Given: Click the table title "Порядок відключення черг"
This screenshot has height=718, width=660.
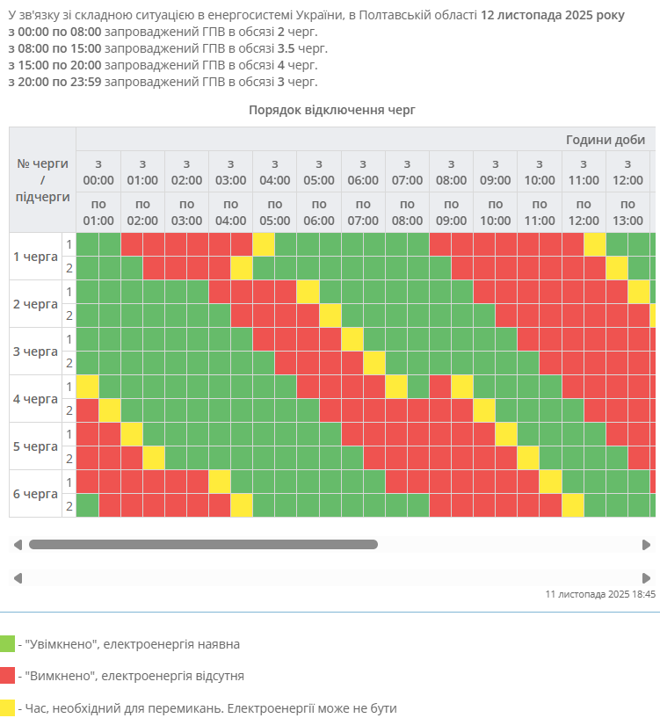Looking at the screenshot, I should click(x=331, y=110).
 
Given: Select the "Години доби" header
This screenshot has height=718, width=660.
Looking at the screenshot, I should click(x=606, y=140).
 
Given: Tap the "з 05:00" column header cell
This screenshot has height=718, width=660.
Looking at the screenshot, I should click(x=318, y=171).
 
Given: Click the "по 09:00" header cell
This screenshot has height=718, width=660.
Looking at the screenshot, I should click(x=451, y=212).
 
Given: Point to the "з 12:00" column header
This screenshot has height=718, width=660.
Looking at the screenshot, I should click(x=627, y=171).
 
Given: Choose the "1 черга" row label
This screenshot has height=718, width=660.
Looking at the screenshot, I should click(x=36, y=257).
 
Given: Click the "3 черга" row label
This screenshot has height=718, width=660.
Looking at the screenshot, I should click(x=36, y=352).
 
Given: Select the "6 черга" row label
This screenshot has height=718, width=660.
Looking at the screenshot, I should click(x=36, y=494).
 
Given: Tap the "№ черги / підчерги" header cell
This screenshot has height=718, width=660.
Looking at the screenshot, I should click(x=42, y=180).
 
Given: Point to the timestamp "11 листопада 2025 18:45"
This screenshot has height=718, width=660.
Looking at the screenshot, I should click(x=600, y=594).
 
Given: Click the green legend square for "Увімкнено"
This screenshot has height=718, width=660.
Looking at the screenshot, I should click(x=8, y=643).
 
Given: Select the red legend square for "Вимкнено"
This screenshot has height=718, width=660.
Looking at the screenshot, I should click(x=8, y=675).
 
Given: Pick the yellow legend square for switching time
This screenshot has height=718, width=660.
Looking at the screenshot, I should click(x=8, y=707).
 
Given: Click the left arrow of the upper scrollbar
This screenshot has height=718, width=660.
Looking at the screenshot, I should click(x=18, y=545).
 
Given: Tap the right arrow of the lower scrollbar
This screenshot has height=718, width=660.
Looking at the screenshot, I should click(x=647, y=577).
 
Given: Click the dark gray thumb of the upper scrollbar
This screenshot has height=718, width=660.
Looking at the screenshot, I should click(x=203, y=545).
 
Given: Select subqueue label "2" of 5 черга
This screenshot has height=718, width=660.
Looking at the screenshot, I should click(x=69, y=458).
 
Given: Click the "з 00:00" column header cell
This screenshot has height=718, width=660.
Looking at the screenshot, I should click(x=98, y=171).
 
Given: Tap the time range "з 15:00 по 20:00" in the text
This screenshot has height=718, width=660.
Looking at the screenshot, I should click(x=54, y=65).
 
